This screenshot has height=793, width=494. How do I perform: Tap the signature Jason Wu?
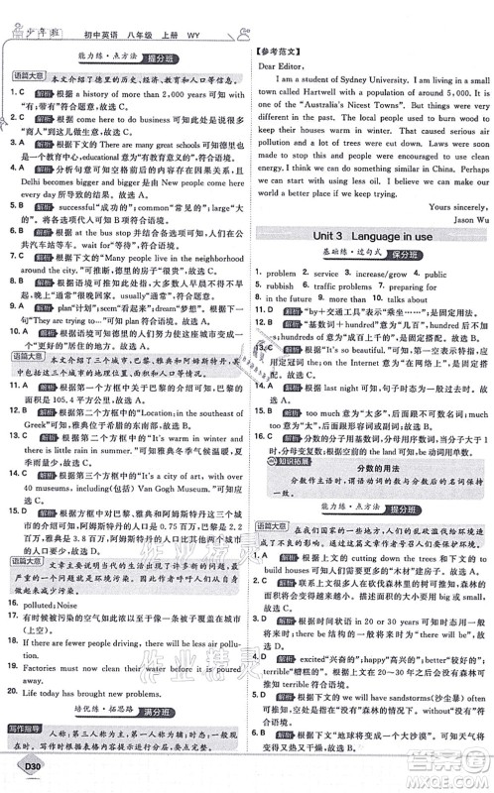point(455,217)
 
